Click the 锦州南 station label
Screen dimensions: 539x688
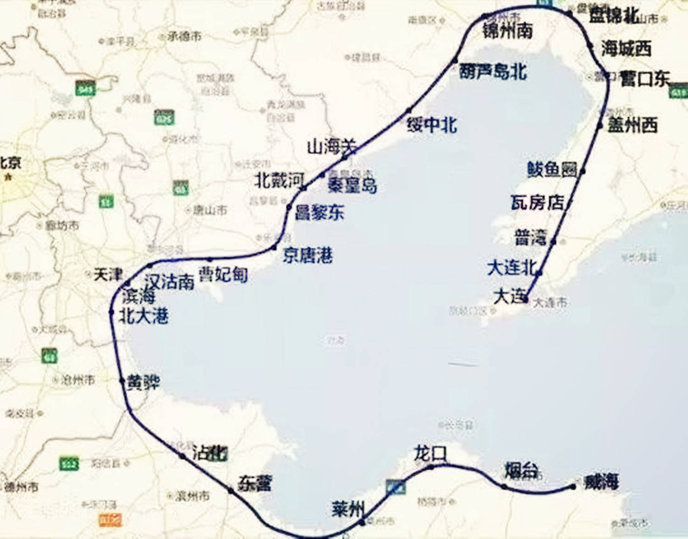click(507, 31)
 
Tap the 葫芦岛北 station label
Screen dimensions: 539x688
click(493, 72)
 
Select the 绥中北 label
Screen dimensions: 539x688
click(432, 124)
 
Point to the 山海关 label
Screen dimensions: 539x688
click(331, 147)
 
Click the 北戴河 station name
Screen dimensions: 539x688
click(279, 180)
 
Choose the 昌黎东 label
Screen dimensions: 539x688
click(319, 212)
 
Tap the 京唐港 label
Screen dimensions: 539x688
click(307, 255)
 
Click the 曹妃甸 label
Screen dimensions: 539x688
click(223, 274)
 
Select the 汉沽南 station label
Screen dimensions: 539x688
click(169, 281)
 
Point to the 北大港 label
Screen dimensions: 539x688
click(144, 316)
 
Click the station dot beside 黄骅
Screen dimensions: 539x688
click(122, 381)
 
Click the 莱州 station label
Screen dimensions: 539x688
click(348, 508)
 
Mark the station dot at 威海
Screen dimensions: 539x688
click(573, 487)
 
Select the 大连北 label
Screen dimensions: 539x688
click(511, 267)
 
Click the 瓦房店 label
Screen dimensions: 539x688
click(537, 202)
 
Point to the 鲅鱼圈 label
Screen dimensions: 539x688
click(552, 169)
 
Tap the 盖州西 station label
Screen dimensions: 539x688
click(633, 125)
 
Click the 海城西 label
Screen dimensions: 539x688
click(626, 48)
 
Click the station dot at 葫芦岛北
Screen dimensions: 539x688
click(455, 61)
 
